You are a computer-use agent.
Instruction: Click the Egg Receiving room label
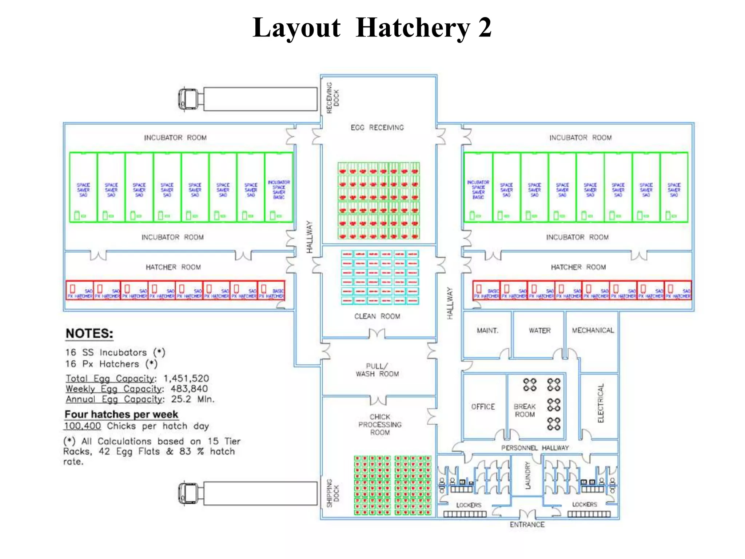click(377, 127)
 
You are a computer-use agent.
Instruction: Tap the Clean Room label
click(377, 316)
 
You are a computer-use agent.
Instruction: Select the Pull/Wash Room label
click(377, 370)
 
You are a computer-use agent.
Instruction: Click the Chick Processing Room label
click(380, 424)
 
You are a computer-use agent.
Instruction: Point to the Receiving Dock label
click(332, 98)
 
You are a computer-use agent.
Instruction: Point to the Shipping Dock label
click(332, 493)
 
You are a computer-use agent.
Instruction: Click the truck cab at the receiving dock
click(188, 99)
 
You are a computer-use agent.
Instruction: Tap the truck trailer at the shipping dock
click(260, 493)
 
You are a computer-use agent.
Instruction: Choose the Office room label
click(483, 407)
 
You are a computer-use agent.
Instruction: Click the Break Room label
click(524, 410)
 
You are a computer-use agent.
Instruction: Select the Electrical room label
click(601, 403)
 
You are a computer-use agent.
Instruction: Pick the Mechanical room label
click(593, 330)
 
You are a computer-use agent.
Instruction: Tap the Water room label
click(539, 330)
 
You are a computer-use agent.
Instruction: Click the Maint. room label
click(487, 330)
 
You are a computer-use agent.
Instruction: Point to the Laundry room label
click(527, 475)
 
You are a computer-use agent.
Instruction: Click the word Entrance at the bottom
click(527, 524)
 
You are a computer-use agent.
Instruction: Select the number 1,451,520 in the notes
click(186, 378)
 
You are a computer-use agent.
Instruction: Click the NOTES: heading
click(89, 333)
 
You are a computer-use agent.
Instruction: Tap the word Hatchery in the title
click(413, 28)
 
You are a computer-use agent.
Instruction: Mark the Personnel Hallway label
click(535, 448)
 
